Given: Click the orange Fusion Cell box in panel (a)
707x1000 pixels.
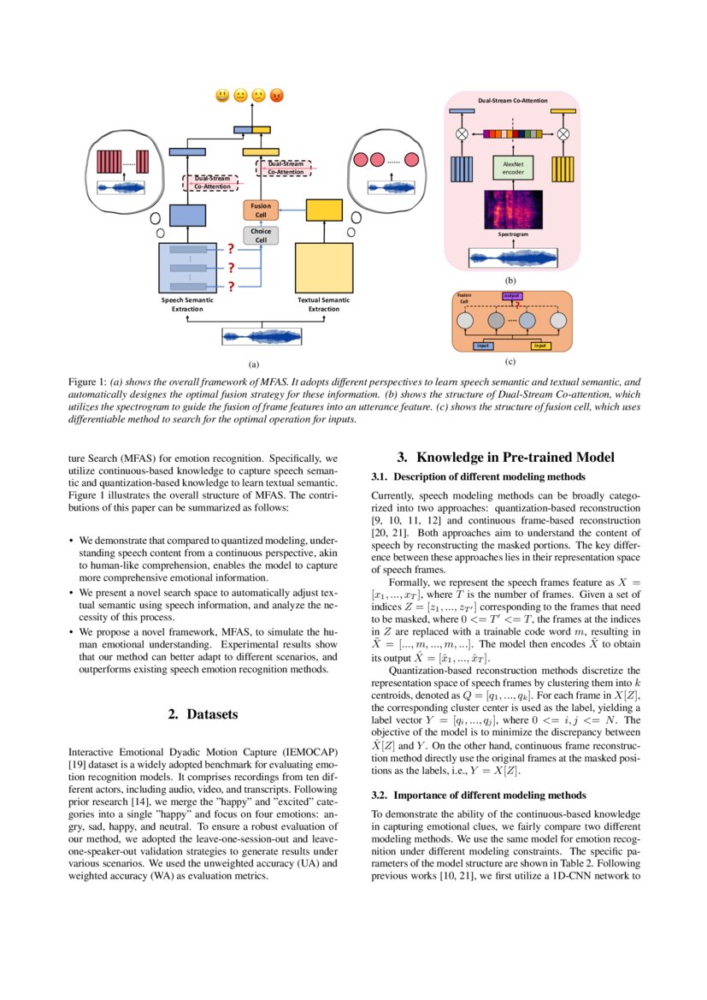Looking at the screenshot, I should tap(262, 210).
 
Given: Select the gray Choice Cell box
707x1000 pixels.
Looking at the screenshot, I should tap(262, 235).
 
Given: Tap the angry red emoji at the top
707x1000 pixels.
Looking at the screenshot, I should tap(276, 96).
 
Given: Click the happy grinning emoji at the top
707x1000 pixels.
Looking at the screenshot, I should tap(222, 96).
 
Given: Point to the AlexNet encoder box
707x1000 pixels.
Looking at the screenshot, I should tap(513, 168).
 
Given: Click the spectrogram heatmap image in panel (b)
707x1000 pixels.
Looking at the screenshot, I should tap(513, 209).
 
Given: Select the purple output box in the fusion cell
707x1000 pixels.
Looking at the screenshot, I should tap(512, 296).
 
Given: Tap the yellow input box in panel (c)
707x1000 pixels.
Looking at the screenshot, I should tap(540, 346).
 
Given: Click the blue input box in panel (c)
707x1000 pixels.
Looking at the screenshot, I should tap(483, 346).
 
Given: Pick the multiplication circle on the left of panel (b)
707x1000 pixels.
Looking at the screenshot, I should tap(462, 133).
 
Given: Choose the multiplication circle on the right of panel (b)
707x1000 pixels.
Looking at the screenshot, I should tap(563, 133).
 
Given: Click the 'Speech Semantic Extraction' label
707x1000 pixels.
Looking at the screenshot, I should tap(187, 305).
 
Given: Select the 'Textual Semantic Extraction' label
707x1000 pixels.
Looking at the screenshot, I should tap(323, 305).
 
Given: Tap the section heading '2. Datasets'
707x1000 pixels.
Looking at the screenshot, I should tap(202, 713).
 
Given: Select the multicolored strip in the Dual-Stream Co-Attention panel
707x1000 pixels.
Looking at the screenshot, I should tap(513, 133).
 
